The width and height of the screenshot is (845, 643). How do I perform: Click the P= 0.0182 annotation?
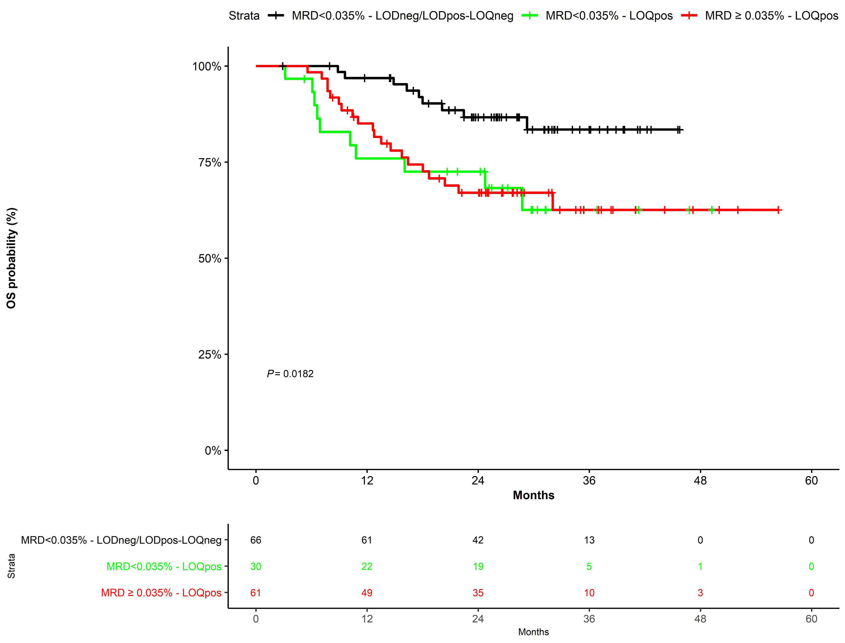click(290, 373)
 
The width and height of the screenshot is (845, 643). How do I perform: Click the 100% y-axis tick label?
click(207, 66)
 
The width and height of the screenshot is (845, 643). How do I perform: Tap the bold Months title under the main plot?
click(533, 495)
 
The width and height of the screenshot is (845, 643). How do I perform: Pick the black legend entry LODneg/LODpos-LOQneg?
click(402, 16)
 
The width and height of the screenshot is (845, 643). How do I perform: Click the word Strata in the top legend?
click(244, 16)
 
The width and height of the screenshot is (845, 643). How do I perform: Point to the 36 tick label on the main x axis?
click(589, 480)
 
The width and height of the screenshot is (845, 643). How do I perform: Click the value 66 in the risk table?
click(255, 540)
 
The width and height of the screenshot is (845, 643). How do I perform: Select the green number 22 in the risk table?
click(367, 567)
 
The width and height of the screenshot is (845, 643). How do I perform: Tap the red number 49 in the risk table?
click(367, 593)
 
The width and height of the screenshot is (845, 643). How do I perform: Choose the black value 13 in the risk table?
click(589, 540)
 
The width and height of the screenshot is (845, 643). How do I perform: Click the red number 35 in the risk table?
click(478, 593)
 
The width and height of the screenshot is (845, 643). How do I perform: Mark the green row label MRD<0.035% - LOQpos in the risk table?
click(164, 567)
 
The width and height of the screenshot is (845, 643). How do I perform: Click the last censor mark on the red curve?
click(778, 210)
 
